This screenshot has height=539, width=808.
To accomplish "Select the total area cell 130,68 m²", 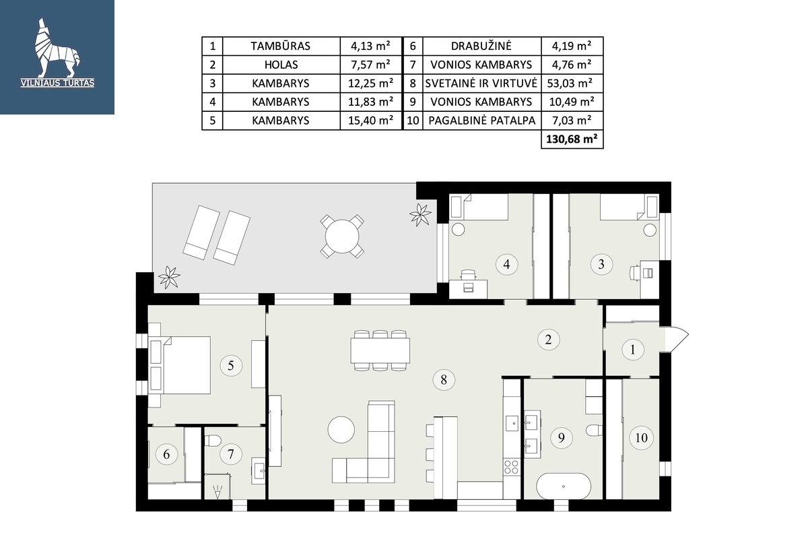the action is [x=572, y=139].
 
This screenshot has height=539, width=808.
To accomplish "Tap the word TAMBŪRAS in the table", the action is [x=280, y=46].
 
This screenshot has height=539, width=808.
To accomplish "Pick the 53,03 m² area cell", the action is [x=572, y=84].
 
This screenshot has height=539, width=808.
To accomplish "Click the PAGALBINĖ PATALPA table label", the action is [x=481, y=120].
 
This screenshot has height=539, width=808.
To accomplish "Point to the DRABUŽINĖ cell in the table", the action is [x=481, y=46].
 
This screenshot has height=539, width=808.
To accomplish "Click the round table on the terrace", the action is [x=342, y=236].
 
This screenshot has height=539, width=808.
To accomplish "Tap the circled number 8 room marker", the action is [x=444, y=379].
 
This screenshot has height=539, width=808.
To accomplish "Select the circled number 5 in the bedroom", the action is [x=231, y=365].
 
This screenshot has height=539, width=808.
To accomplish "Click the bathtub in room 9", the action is [x=563, y=486].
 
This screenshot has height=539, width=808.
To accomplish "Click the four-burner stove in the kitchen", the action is [x=511, y=466].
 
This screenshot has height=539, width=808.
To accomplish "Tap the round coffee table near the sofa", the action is [x=341, y=430].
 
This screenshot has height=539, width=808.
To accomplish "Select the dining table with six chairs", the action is [x=380, y=350].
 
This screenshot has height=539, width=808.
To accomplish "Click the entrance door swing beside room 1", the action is [x=674, y=339].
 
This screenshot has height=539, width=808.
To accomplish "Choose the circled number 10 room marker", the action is [x=641, y=437].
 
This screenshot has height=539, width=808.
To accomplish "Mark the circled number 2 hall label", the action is [x=548, y=340].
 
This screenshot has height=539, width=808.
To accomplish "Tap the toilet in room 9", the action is [x=594, y=431].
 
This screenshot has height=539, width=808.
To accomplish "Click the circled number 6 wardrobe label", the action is [x=166, y=454].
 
